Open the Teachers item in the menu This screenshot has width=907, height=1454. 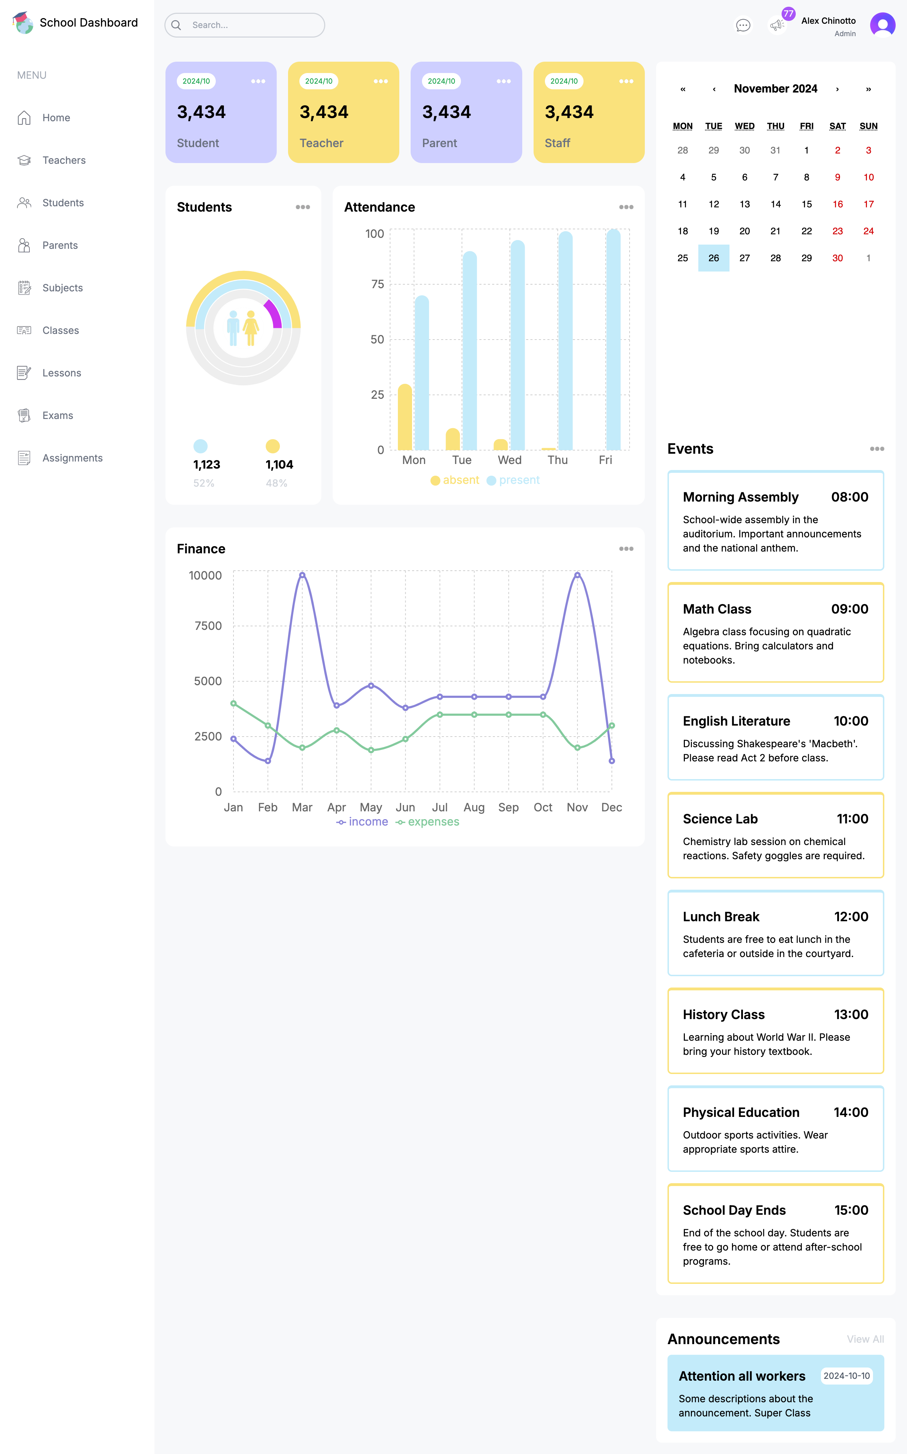coord(63,160)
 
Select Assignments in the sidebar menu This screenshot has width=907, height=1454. coord(72,458)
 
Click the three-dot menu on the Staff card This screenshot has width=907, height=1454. coord(626,81)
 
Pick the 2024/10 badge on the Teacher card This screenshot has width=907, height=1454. coord(319,81)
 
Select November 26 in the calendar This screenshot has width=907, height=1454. coord(713,258)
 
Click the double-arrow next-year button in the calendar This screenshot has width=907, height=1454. coord(868,89)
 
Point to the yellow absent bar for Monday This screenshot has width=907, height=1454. coord(405,418)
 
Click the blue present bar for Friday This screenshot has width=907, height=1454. coord(613,340)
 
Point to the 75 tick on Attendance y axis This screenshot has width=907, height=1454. coord(377,284)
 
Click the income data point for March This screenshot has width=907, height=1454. coord(302,575)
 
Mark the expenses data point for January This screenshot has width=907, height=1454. coord(233,703)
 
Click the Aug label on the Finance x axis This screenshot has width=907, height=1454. coord(474,807)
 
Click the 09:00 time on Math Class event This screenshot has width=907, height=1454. coord(849,609)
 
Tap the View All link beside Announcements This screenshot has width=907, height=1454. coord(865,1339)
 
